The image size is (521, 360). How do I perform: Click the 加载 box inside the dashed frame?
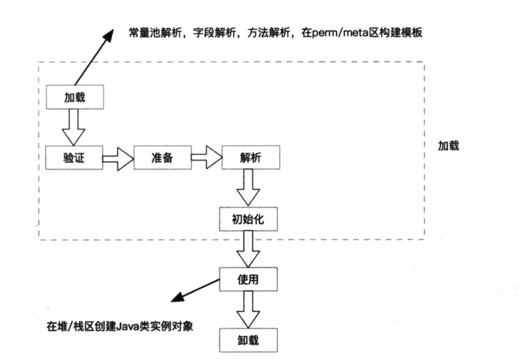pyautogui.click(x=75, y=98)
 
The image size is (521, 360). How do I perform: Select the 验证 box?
pyautogui.click(x=75, y=158)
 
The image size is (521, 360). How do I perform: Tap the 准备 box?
pyautogui.click(x=162, y=158)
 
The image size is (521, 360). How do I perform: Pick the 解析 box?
pyautogui.click(x=251, y=158)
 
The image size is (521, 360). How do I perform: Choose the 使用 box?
pyautogui.click(x=249, y=279)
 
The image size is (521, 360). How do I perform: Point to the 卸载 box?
pyautogui.click(x=249, y=340)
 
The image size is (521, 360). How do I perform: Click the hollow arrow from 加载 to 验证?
pyautogui.click(x=75, y=127)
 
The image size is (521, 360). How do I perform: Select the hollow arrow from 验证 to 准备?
pyautogui.click(x=118, y=158)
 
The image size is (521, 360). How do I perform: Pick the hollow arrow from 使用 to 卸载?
pyautogui.click(x=249, y=310)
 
